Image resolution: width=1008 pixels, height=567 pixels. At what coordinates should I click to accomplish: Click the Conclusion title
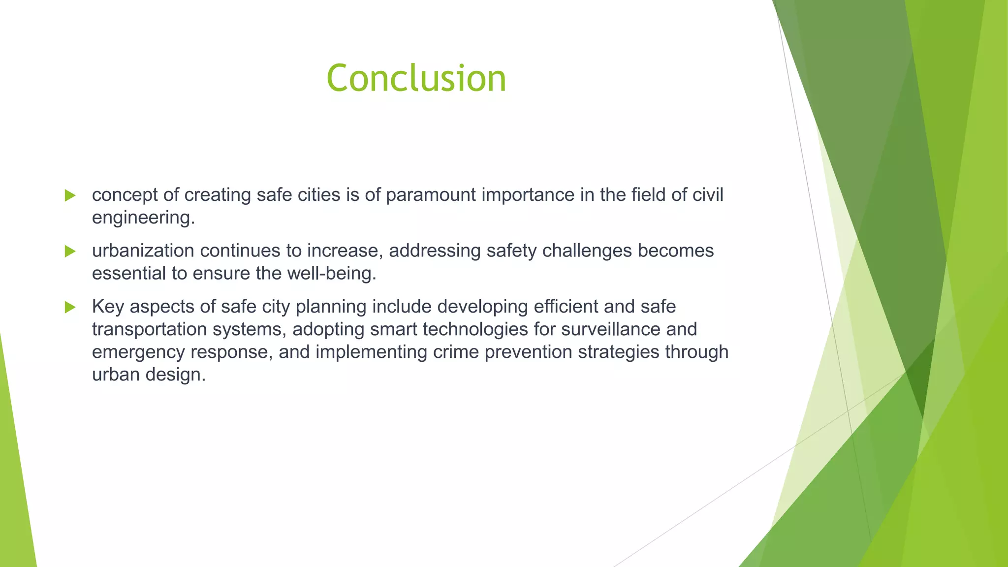point(416,79)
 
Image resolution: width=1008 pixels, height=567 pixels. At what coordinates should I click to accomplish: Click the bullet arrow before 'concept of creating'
point(70,195)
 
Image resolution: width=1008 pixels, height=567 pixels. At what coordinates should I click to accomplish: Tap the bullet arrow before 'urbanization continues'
point(70,252)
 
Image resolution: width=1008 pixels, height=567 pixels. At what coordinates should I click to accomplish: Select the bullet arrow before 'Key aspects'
point(70,308)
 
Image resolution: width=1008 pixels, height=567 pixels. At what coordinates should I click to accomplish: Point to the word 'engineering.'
point(143,218)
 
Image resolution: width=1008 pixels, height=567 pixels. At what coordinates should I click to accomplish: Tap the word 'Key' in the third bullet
point(108,307)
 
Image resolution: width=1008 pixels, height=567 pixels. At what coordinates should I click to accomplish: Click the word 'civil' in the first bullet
point(708,195)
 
